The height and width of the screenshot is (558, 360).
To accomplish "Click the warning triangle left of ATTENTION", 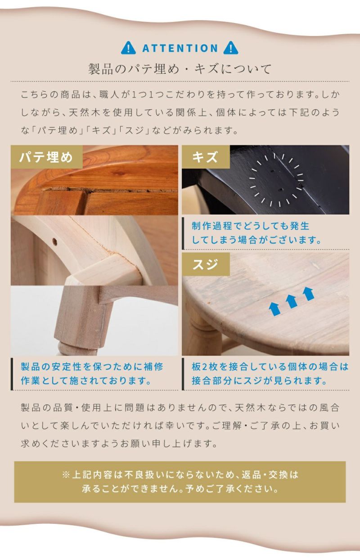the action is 128,48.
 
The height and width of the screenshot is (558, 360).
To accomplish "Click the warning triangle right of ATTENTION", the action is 230,48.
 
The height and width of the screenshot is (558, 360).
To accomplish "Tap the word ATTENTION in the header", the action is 180,48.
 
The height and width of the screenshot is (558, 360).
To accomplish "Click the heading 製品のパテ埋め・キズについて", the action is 180,69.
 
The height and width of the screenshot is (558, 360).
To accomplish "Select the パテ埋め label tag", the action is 46,157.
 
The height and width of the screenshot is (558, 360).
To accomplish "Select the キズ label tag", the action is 206,157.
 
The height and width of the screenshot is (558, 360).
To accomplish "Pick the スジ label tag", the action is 206,264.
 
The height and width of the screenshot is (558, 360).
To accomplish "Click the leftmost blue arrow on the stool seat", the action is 274,309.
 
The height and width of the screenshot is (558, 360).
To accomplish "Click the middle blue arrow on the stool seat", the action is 291,301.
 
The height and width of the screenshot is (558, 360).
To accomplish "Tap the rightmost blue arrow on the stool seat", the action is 308,294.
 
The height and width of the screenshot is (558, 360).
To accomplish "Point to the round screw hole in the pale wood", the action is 54,241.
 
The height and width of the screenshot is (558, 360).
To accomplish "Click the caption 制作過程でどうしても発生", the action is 250,226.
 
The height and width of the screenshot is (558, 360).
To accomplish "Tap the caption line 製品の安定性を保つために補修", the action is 92,367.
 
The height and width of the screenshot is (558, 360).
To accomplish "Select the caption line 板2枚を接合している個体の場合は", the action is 270,367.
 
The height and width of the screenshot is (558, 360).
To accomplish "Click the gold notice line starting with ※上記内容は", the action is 180,474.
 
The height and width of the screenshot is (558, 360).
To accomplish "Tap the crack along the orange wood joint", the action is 110,190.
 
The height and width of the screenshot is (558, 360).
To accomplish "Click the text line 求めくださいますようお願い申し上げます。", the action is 119,444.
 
